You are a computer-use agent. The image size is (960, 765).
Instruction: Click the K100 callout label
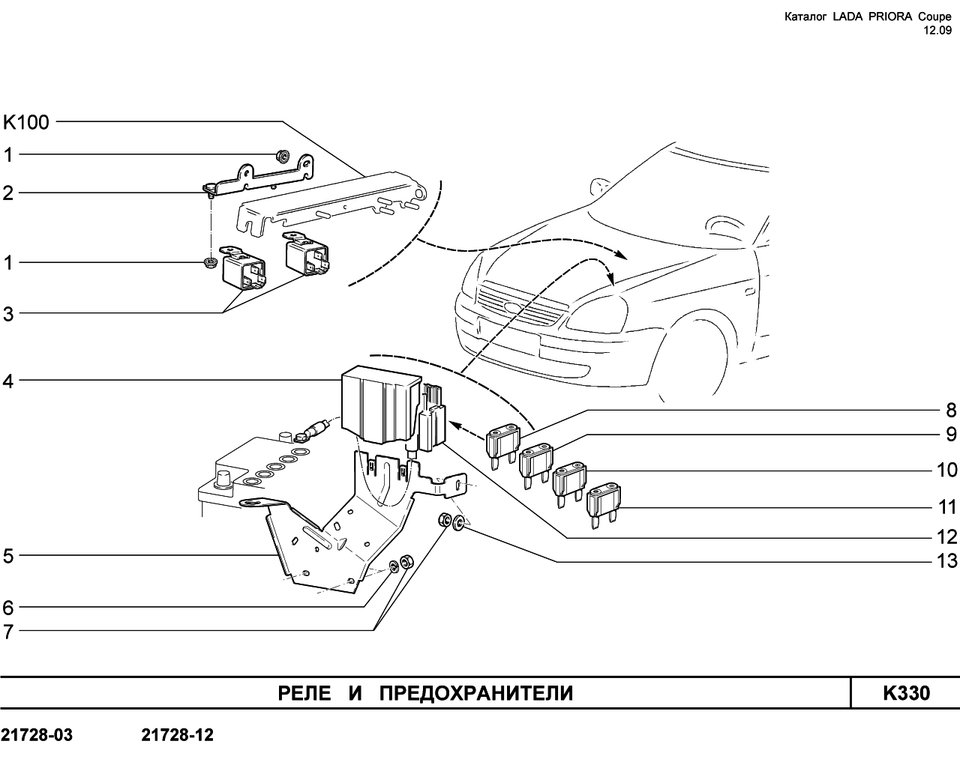(x=25, y=122)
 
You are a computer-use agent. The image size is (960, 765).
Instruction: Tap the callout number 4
(x=8, y=381)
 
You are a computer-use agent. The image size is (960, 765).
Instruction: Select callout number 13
(x=947, y=560)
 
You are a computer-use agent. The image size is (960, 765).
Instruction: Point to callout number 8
(x=951, y=410)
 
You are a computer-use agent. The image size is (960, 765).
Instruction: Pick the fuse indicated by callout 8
(x=502, y=447)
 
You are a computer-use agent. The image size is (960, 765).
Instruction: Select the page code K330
(x=907, y=693)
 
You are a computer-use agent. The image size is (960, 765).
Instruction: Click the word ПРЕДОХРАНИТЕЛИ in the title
(x=476, y=694)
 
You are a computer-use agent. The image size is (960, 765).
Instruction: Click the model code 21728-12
(x=178, y=735)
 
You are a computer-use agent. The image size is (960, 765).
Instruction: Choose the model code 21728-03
(x=37, y=735)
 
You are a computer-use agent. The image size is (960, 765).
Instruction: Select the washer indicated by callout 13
(x=459, y=522)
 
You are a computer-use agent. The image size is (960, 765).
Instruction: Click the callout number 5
(x=8, y=556)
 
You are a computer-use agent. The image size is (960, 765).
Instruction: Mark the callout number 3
(x=8, y=314)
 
